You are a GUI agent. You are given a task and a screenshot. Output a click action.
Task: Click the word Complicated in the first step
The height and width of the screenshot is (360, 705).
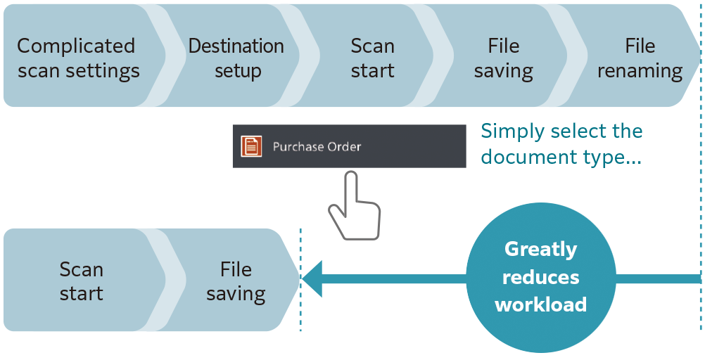(x=76, y=46)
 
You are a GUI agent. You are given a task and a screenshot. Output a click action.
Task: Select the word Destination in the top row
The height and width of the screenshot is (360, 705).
(x=236, y=46)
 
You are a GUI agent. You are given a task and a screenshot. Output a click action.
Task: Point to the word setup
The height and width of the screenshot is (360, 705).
(x=238, y=72)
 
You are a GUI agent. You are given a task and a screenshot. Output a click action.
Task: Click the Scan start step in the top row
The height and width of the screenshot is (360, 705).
(x=372, y=58)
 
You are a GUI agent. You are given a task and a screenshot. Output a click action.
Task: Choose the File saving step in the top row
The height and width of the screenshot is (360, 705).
(x=503, y=58)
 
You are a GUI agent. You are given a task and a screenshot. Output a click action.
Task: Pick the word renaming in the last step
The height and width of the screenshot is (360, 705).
(x=640, y=72)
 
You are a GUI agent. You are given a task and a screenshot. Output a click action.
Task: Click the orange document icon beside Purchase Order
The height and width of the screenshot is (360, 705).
(x=251, y=146)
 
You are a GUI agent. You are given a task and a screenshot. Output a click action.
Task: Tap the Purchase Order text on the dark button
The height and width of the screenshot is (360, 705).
(x=317, y=147)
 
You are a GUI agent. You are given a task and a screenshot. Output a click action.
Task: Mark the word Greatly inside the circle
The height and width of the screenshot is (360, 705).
(x=540, y=250)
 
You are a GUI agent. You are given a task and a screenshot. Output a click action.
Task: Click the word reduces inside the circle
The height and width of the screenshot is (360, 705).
(x=540, y=277)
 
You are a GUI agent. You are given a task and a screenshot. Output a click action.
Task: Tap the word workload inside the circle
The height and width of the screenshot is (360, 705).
(x=540, y=304)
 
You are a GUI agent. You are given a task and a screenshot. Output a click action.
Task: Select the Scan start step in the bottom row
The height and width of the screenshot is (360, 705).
(x=81, y=281)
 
